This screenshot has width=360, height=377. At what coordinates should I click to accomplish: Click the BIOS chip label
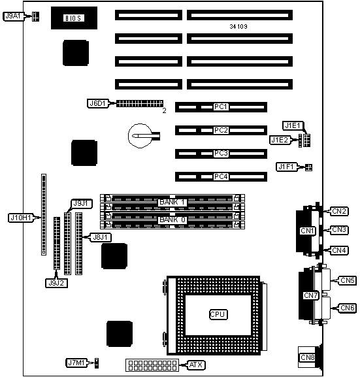tap(74, 18)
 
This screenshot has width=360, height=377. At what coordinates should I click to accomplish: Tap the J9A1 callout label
tap(14, 16)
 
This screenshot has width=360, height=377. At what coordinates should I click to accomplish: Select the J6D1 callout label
tap(97, 104)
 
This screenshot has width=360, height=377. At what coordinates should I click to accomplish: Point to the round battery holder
tap(140, 136)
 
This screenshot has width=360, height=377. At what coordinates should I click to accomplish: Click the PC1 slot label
tap(221, 107)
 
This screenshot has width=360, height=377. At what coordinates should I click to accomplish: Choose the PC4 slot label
tap(221, 176)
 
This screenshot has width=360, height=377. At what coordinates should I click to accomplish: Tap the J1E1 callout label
tap(293, 125)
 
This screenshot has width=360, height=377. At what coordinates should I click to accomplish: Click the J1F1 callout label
tap(286, 167)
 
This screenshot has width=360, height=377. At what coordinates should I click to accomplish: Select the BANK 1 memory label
tap(172, 202)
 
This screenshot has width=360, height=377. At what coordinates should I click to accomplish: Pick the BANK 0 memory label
tap(172, 220)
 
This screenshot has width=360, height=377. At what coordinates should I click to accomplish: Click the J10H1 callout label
tap(21, 218)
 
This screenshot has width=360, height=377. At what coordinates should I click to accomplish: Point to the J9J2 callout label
tap(56, 283)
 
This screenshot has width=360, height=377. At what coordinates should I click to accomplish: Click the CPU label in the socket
tap(218, 314)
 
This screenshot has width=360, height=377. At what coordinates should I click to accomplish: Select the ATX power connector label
tap(196, 365)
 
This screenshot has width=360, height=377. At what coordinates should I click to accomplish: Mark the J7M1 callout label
tap(76, 363)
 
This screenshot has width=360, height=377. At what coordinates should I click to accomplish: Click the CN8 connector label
tap(307, 357)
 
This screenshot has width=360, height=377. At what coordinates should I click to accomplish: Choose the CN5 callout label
tap(347, 280)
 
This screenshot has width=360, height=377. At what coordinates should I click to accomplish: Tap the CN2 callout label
tap(339, 211)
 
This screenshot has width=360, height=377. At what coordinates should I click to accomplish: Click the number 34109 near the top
tap(238, 26)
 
